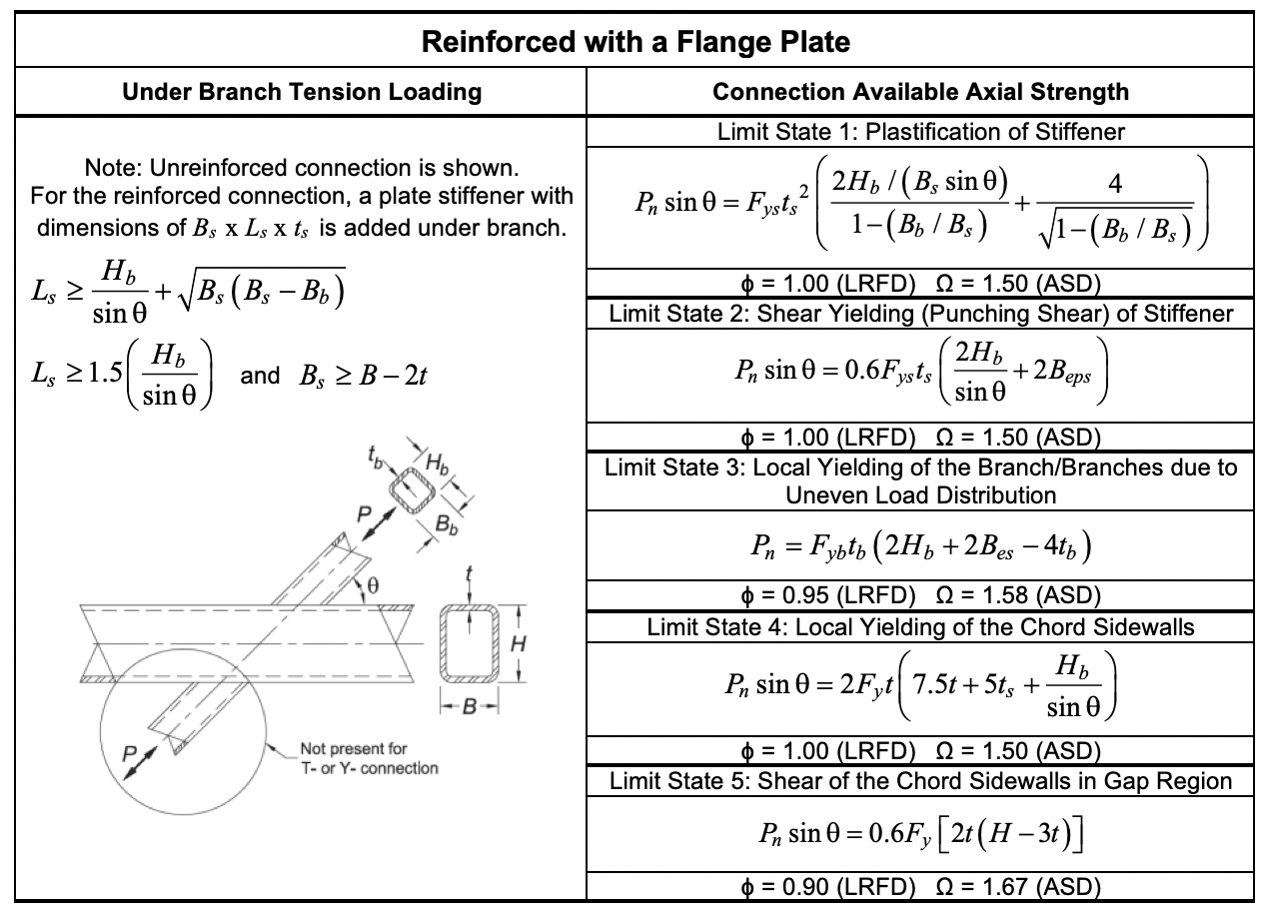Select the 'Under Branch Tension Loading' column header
[302, 93]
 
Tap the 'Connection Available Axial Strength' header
[920, 93]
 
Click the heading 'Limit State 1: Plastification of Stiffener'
[919, 132]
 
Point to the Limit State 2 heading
[920, 315]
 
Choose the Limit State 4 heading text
[920, 627]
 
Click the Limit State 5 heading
[920, 781]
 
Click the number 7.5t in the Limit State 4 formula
[934, 686]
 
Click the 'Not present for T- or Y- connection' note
[369, 758]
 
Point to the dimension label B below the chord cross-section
[469, 707]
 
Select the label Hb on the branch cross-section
[438, 461]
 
